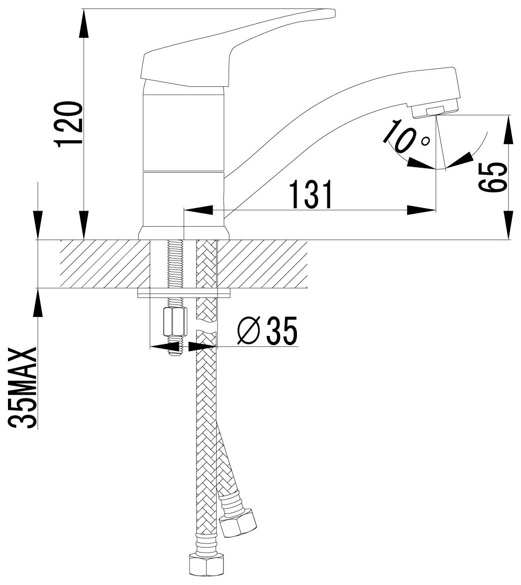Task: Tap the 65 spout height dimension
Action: click(x=492, y=177)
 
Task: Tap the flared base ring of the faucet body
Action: click(x=184, y=233)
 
